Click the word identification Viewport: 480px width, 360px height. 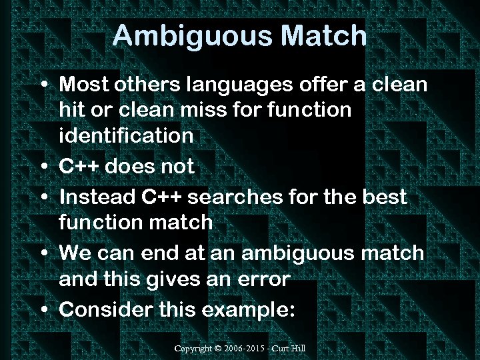click(126, 135)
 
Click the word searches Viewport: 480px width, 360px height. click(237, 197)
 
